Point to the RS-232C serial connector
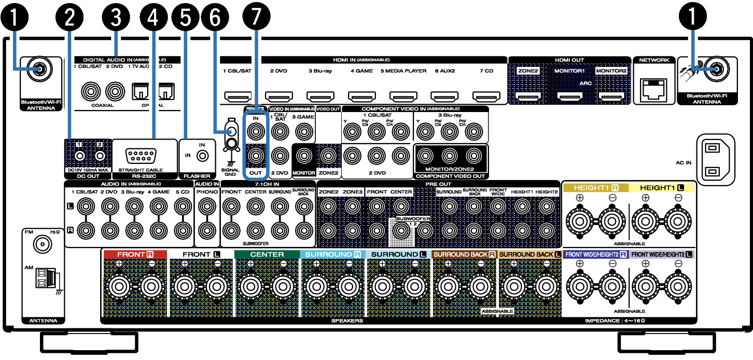141,155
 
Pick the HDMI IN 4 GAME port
361,96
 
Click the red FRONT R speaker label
135,255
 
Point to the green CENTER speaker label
267,255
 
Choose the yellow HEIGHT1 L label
661,188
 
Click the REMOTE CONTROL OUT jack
255,155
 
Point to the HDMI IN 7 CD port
486,96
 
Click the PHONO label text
206,192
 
